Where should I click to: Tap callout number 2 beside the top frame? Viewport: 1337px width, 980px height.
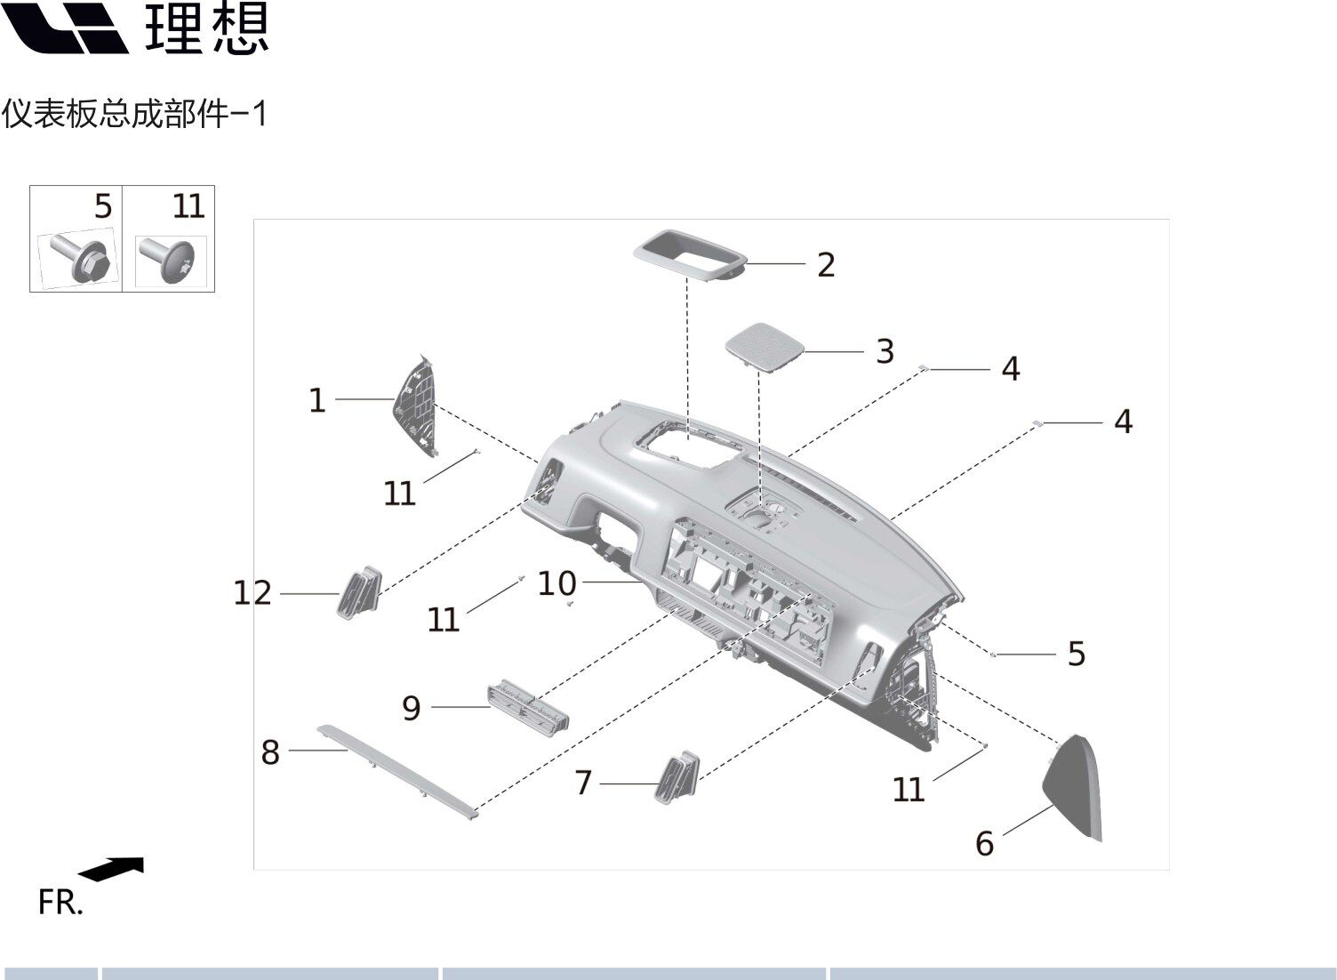pos(826,265)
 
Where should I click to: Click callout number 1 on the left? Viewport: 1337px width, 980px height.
pos(316,401)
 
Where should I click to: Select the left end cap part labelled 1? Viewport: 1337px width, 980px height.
pos(417,405)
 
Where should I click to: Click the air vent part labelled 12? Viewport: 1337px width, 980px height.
pos(359,590)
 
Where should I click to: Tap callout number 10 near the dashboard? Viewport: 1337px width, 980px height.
pos(557,584)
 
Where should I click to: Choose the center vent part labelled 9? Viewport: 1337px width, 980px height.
pos(528,705)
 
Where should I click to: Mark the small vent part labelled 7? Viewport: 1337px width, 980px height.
pos(677,776)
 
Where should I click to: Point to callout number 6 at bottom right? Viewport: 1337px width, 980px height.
pos(984,843)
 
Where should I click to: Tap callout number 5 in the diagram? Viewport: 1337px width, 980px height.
pos(1077,655)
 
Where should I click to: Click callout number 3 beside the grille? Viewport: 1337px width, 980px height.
pos(885,351)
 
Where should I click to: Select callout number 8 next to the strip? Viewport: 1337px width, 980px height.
pos(270,752)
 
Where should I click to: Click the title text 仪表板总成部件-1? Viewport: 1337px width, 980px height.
pos(134,114)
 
